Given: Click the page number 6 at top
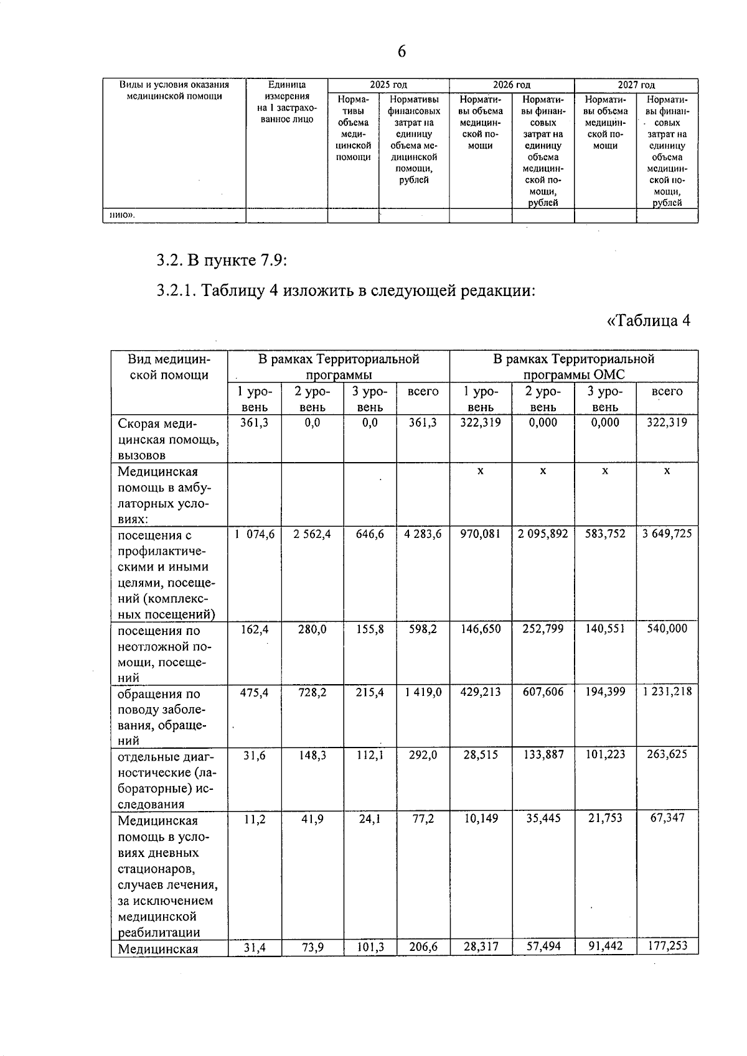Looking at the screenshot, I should (402, 52).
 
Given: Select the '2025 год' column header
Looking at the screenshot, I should (388, 85).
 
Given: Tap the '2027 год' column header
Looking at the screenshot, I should (636, 85).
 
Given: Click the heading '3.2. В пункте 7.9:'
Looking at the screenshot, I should (222, 259).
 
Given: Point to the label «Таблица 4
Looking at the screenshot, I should (649, 321).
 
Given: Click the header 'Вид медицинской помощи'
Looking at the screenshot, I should (169, 367).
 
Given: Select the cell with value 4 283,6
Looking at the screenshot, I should (423, 534).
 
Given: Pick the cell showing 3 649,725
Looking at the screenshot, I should (667, 534).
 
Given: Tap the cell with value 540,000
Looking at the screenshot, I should (667, 629).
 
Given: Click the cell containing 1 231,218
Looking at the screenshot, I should (667, 692).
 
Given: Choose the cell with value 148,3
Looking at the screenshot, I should (312, 755).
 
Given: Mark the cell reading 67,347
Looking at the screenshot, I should (667, 818).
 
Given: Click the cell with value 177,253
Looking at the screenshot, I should (667, 946).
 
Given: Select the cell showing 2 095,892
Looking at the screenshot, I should (543, 534).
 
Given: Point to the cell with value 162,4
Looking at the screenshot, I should (255, 629).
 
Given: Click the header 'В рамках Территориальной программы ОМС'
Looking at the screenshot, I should (573, 367).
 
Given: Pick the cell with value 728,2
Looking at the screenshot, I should (312, 692).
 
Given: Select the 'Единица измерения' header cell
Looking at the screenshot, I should (286, 102).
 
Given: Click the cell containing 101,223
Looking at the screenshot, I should (604, 755).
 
